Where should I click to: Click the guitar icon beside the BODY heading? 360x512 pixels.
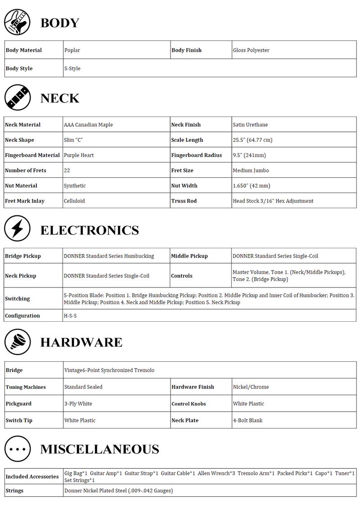(x=17, y=22)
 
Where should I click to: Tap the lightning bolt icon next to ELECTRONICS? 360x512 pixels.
(x=17, y=229)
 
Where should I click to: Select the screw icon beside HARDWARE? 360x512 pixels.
(x=17, y=341)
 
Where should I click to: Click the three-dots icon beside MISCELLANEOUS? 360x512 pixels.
(x=17, y=449)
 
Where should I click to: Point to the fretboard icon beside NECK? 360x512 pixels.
(x=17, y=97)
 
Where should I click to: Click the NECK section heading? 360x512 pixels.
(x=60, y=98)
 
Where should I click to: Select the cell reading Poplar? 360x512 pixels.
(x=72, y=50)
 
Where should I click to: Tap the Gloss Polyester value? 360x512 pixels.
(x=251, y=50)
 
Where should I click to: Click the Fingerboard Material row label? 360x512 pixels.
(x=32, y=155)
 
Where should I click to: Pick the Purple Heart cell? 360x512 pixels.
(x=79, y=155)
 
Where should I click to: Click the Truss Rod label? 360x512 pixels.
(x=184, y=201)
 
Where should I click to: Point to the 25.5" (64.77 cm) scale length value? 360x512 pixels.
(x=252, y=140)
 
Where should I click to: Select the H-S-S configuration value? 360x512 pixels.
(x=71, y=316)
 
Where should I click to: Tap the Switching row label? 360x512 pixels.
(x=17, y=299)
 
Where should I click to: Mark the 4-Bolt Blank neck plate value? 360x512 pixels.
(x=247, y=421)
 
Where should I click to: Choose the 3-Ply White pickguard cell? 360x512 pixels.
(x=78, y=404)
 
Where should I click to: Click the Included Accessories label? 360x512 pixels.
(x=32, y=477)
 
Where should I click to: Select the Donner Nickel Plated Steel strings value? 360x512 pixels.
(x=118, y=491)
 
